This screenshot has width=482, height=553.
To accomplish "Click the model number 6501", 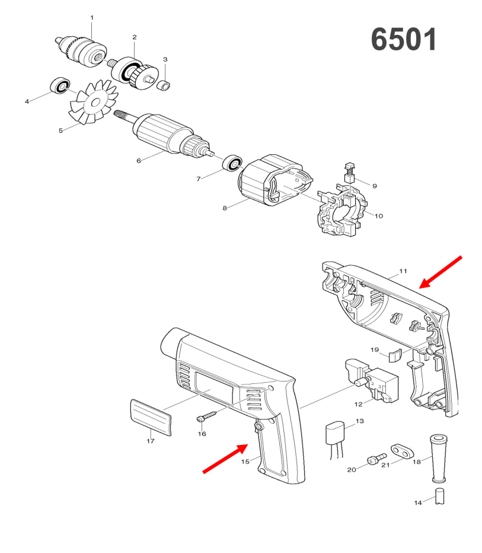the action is [404, 39].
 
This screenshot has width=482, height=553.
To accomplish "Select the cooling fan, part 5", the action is [93, 102].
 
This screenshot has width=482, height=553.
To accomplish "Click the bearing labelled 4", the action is [60, 85].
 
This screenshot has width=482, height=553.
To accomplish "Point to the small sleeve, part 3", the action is [163, 85].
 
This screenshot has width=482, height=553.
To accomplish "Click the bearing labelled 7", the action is [232, 163].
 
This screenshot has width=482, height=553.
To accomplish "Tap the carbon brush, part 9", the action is [349, 173].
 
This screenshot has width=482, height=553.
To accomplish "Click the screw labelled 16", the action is [208, 415].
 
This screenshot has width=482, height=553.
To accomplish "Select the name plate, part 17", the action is [151, 418].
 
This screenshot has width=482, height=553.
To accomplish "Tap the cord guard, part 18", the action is [438, 459].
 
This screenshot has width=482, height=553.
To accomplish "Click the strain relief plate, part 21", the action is [402, 452].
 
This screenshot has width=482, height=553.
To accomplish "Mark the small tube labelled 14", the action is [440, 496].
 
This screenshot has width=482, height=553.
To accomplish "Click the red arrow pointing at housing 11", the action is [440, 272].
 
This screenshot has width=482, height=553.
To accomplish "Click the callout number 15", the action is [245, 461].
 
